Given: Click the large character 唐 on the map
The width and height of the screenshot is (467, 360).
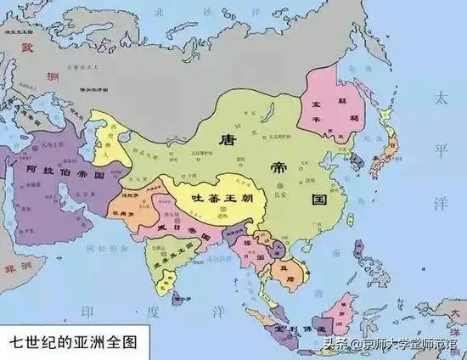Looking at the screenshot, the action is [x=227, y=138].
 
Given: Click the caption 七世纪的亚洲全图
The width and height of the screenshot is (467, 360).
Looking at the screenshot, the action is [x=71, y=345].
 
